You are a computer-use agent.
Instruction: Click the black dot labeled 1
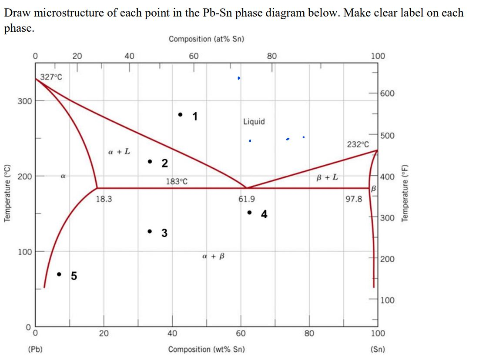180,115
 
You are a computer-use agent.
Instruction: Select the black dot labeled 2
150,162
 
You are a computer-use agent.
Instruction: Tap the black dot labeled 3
150,231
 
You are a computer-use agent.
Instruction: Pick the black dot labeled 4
249,213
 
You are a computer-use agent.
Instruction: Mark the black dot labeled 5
60,274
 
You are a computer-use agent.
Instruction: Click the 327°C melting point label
51,77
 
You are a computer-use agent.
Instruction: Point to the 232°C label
358,144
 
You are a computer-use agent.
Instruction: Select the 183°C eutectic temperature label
177,181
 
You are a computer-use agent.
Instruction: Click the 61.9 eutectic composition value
247,199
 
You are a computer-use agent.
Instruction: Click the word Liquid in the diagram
254,122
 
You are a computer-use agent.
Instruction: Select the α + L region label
119,152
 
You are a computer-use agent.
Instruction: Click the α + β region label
213,257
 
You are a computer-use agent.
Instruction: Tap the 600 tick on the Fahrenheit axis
388,94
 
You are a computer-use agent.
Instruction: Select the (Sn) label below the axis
377,349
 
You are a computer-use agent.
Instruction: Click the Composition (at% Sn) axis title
206,39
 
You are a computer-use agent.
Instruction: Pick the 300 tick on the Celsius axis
24,101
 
